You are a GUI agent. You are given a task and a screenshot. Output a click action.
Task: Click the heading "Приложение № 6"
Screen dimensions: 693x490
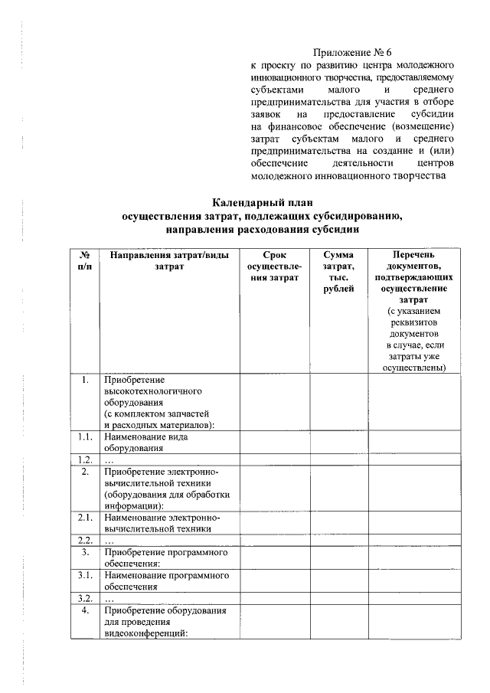coord(352,53)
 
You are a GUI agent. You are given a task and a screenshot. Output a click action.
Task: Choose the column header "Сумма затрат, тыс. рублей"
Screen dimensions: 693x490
coord(338,272)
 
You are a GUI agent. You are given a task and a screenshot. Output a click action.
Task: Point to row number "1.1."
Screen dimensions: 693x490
coord(86,436)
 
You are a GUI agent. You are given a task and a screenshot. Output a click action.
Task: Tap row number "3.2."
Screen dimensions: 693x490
coord(86,599)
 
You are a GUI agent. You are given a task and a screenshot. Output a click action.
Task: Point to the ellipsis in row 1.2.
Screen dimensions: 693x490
coord(109,460)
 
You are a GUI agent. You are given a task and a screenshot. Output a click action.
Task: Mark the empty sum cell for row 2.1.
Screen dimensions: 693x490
coord(338,522)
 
